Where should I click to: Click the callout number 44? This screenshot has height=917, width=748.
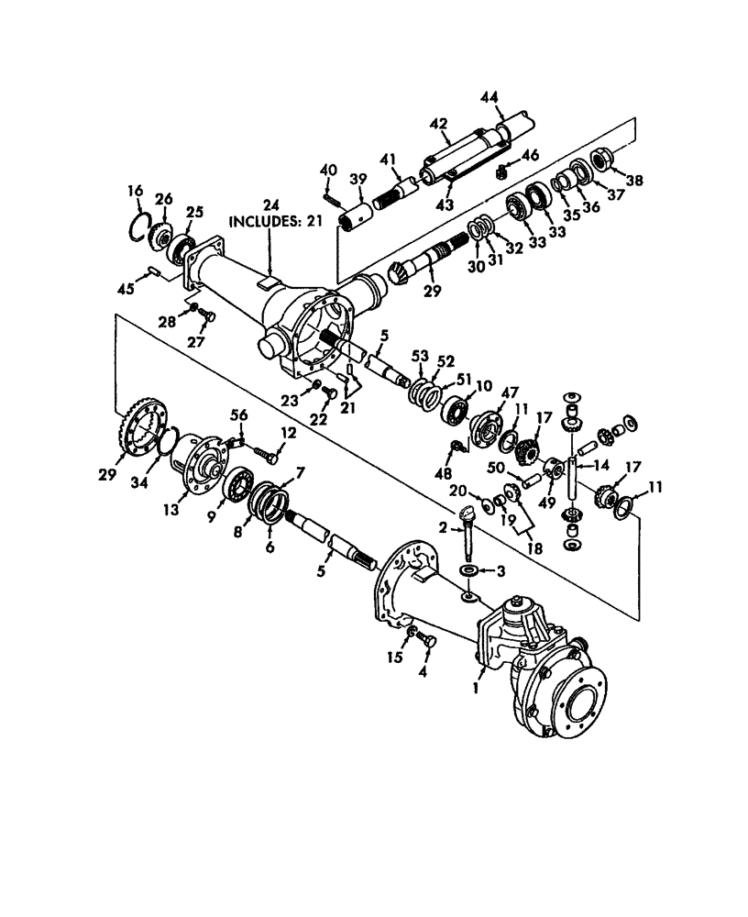coord(489,97)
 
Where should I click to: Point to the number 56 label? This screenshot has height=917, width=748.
coord(240,415)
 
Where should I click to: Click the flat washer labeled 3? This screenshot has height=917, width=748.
coord(467,571)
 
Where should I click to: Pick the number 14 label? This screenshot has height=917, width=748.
coord(603,465)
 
